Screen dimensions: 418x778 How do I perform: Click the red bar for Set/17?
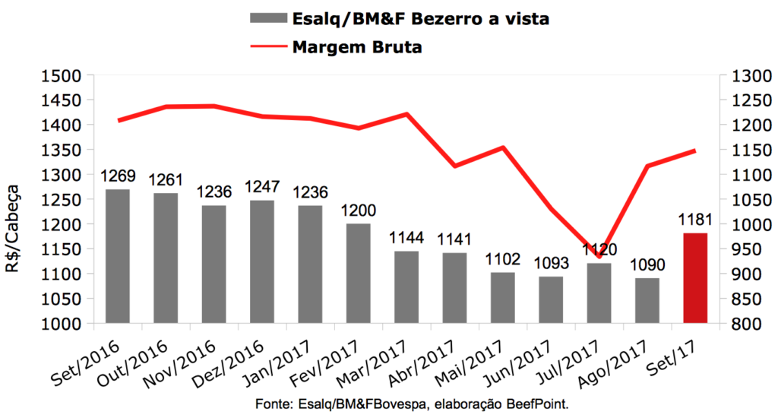695,277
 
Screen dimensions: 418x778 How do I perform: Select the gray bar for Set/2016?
117,256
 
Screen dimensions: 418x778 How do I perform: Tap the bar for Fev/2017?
359,273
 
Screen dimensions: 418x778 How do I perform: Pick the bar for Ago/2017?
647,300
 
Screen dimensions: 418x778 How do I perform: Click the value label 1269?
117,177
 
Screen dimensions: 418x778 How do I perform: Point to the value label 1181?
695,221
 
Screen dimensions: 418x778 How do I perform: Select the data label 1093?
551,265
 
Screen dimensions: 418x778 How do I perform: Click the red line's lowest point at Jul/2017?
599,235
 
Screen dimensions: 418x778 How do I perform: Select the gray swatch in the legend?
267,19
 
